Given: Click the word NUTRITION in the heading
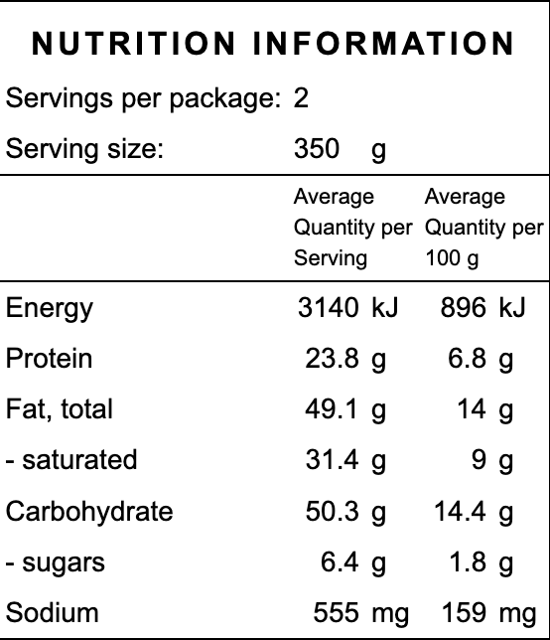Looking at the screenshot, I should click(133, 45).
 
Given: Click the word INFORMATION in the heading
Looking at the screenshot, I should click(384, 45).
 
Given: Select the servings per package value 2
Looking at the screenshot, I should click(302, 98).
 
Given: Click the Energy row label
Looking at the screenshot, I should click(49, 308).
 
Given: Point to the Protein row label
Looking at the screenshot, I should click(49, 359).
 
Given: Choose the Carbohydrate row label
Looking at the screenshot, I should click(89, 512).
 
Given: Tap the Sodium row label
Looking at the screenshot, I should click(53, 613).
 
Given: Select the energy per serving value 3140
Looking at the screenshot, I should click(328, 308).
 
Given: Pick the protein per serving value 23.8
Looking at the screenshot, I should click(332, 359).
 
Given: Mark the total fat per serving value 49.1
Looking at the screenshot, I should click(332, 409).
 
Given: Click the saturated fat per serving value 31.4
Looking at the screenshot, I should click(332, 460).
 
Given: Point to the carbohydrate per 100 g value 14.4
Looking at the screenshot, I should click(460, 512).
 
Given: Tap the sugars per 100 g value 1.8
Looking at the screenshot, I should click(467, 562).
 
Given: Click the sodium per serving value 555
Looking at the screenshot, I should click(336, 613).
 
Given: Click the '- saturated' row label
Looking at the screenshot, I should click(71, 460).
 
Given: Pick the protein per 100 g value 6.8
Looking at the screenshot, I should click(467, 359).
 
